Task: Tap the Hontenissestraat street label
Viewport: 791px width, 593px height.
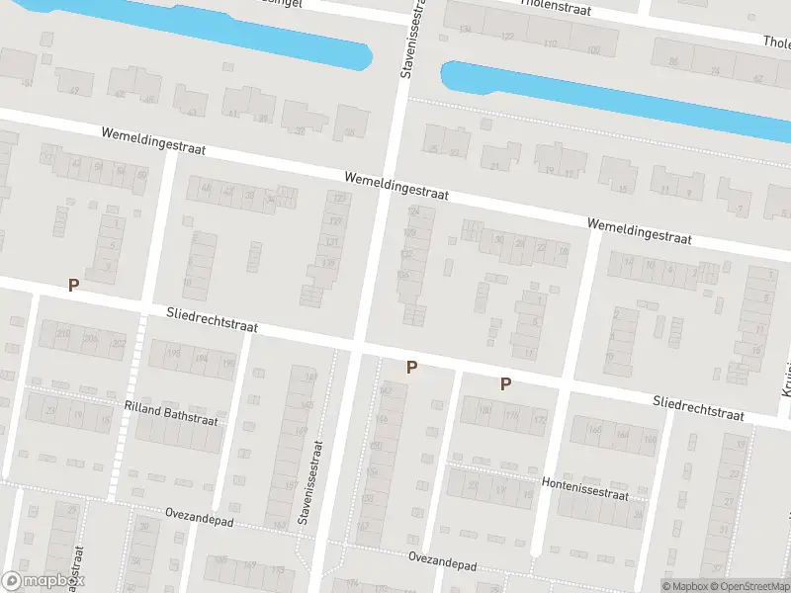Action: pos(584,490)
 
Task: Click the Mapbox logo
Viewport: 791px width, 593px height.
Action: pos(43,581)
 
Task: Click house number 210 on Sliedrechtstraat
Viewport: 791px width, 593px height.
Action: pos(63,335)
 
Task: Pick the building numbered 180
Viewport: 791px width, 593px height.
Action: pos(484,411)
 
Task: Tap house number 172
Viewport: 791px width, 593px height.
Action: pos(540,420)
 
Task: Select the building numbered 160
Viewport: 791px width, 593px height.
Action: pos(594,429)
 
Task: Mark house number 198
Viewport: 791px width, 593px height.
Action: pos(174,353)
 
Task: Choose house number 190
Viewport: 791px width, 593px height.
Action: pos(228,363)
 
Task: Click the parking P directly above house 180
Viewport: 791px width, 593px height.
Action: pos(505,383)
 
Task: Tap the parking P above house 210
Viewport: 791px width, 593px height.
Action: pos(72,285)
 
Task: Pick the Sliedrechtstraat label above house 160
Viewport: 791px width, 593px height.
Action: pos(698,407)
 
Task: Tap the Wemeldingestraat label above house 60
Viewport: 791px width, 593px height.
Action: pos(153,141)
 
